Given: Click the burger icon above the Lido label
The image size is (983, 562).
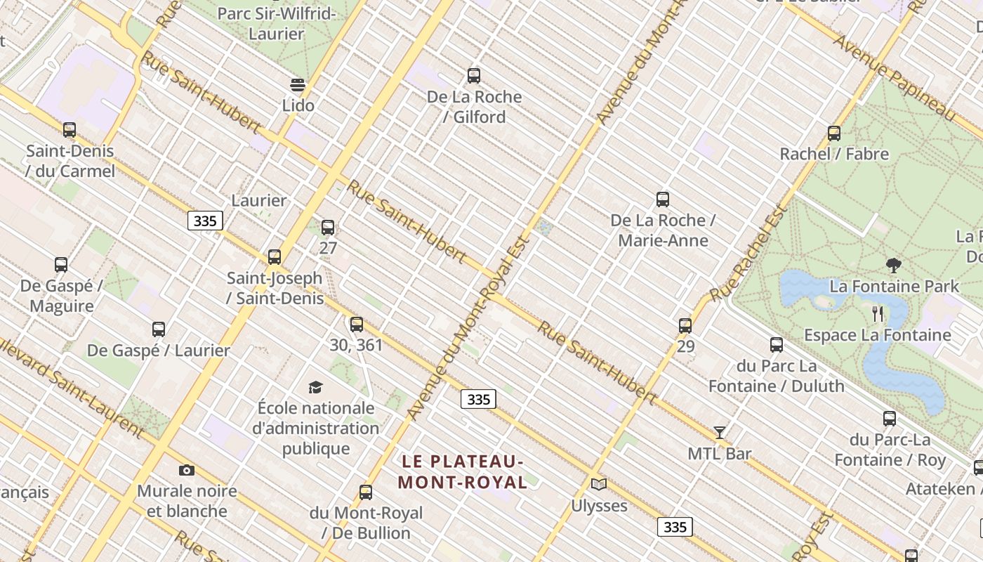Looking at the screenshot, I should (x=298, y=85).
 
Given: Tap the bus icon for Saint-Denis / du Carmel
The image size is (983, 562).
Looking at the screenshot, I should (x=69, y=130).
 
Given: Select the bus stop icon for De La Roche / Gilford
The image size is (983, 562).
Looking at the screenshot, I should (x=474, y=76).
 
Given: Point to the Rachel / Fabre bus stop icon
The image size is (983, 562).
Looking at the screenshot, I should (x=834, y=133).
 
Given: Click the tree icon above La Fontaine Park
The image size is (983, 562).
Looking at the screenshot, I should (x=894, y=266).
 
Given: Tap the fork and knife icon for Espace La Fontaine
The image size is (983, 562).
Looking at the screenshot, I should (x=877, y=314).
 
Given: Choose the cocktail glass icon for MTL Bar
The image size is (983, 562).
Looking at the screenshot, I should (x=719, y=432).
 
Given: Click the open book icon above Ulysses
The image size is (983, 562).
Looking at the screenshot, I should (x=598, y=484).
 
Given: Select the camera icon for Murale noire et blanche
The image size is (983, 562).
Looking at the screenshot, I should (x=186, y=470).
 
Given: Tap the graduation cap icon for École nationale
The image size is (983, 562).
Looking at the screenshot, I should (x=315, y=387).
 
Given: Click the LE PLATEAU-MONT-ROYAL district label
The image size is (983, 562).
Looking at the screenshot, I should (x=463, y=472).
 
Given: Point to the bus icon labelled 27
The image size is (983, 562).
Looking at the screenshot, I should (x=328, y=228).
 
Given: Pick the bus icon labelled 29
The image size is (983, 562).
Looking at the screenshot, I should (x=685, y=326).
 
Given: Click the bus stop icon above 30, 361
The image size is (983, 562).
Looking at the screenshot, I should (x=357, y=325).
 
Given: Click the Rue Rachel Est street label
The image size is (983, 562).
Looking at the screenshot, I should (x=748, y=254).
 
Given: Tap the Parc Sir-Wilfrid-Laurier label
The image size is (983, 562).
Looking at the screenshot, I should (x=277, y=23).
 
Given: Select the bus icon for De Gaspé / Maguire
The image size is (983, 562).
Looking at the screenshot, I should (x=61, y=265).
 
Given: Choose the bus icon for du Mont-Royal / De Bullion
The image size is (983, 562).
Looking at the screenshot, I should (x=366, y=492).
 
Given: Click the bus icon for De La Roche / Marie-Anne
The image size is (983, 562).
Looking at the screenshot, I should (x=663, y=200).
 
